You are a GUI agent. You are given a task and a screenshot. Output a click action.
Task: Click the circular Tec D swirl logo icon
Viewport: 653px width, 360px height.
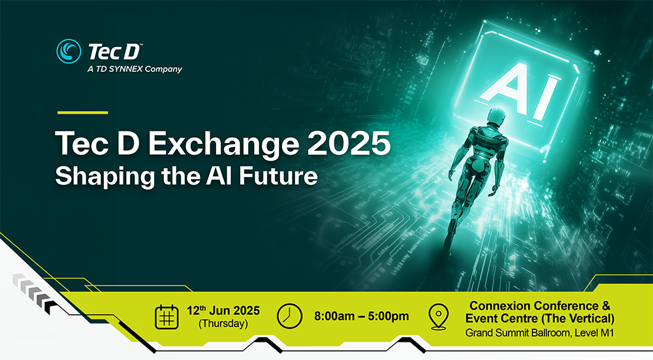[x=69, y=51]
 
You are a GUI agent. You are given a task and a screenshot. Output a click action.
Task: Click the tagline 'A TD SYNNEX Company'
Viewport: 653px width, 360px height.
[x=135, y=69]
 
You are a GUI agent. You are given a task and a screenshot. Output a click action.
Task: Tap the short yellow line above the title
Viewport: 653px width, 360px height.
[x=82, y=112]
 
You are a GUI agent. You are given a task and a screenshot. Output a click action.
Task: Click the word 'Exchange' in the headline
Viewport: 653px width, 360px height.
[x=223, y=144]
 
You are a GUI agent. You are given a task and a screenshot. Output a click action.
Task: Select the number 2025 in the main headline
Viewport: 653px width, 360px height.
[x=349, y=144]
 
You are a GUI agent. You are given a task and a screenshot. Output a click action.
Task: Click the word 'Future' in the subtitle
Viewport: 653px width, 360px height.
[x=278, y=176]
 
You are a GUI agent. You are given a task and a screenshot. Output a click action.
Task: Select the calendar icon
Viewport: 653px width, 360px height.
[x=167, y=317]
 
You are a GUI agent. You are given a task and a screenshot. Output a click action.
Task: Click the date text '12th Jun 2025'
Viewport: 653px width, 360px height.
[x=223, y=310]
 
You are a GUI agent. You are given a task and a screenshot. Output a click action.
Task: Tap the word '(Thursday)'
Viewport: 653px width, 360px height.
[x=223, y=324]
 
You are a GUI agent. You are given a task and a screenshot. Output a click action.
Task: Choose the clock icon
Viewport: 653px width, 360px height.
[x=289, y=316]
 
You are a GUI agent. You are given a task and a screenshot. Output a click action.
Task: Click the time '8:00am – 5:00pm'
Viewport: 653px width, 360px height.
[x=362, y=316]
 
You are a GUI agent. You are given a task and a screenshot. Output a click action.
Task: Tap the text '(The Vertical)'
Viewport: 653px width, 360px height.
[x=578, y=319]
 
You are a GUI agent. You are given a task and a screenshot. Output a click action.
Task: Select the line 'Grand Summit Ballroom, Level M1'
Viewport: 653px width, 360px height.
[x=540, y=333]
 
